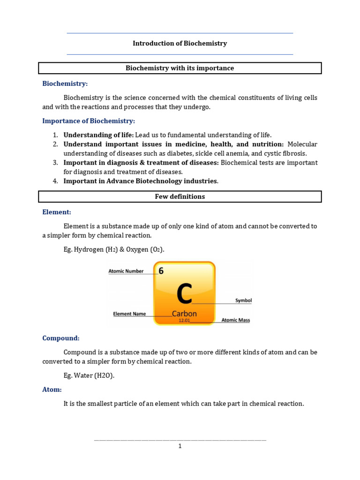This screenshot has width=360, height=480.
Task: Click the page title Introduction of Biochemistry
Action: (x=180, y=44)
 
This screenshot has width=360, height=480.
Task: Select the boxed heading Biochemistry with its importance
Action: (x=180, y=68)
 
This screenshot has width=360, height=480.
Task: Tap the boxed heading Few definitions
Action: (x=180, y=197)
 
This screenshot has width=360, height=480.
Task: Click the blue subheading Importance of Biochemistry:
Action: (x=89, y=121)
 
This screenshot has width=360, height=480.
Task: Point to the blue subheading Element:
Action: (x=57, y=212)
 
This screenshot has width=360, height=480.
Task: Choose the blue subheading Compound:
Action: (x=61, y=338)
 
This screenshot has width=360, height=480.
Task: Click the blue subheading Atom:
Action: (x=52, y=390)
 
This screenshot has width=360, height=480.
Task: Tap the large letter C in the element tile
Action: (x=184, y=294)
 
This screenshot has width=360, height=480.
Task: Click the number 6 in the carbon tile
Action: (x=161, y=271)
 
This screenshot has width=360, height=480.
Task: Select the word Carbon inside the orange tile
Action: (x=184, y=314)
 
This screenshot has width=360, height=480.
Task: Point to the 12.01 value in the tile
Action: (x=184, y=321)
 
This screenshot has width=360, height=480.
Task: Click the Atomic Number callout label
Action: (x=126, y=271)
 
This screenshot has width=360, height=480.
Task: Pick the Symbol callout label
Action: (x=243, y=300)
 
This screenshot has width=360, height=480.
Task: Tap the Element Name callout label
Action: (x=129, y=314)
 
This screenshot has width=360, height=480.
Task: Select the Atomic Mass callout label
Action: (x=235, y=321)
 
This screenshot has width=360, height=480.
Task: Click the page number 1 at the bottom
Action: (x=180, y=446)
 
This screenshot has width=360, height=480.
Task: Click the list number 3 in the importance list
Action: (x=55, y=163)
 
